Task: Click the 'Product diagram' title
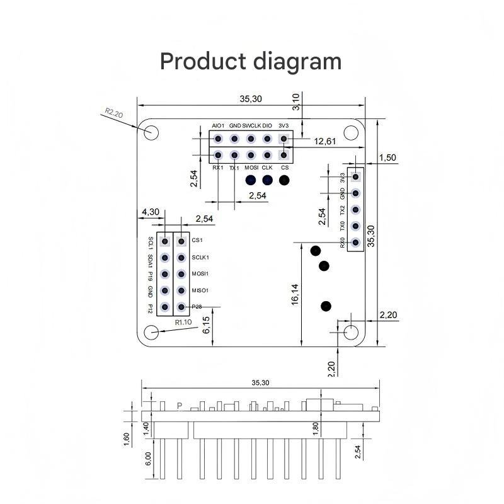tap(251, 61)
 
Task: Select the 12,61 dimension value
tap(324, 141)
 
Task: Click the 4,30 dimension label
tap(150, 212)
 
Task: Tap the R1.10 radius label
tap(183, 322)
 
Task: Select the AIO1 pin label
tap(218, 125)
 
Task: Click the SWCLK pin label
tap(251, 125)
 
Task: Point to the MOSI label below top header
tap(251, 168)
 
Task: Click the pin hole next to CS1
tap(181, 241)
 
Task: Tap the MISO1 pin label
tap(200, 290)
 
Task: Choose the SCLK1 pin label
tap(200, 257)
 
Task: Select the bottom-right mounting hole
tap(351, 332)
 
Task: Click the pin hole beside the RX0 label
tap(356, 243)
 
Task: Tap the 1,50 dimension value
tap(388, 157)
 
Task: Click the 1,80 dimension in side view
tap(316, 427)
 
